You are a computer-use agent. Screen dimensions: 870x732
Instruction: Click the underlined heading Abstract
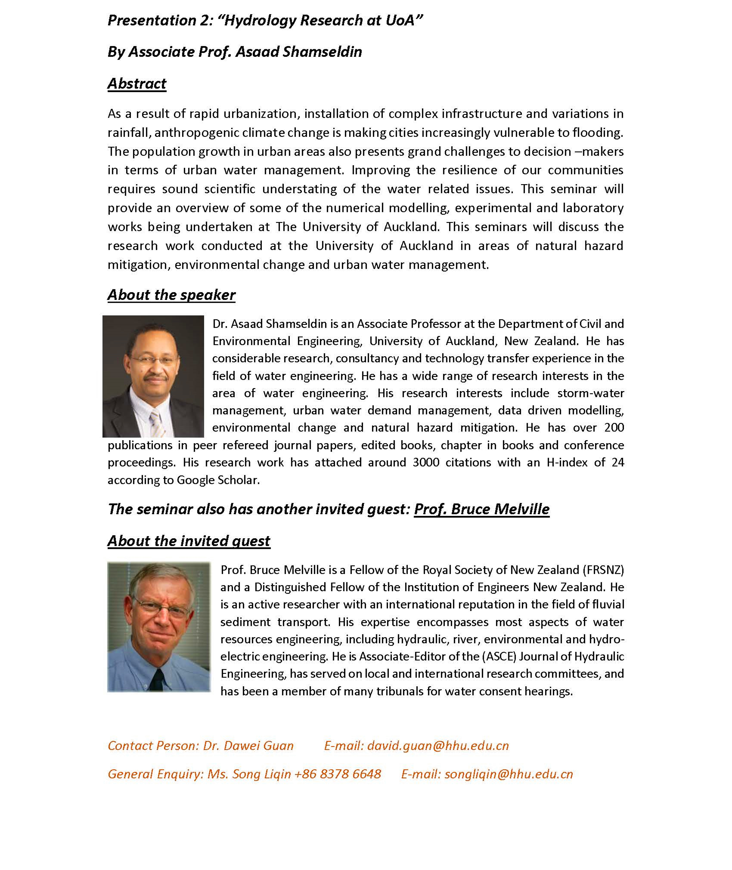click(x=136, y=83)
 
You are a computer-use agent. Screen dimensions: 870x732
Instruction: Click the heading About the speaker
click(x=171, y=295)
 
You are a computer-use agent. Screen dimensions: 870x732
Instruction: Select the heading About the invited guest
click(x=189, y=541)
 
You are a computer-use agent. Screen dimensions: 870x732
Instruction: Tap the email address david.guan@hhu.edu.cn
click(x=438, y=746)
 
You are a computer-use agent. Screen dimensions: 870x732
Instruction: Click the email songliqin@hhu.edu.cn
click(x=509, y=774)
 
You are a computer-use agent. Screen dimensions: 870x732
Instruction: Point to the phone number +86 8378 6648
click(x=338, y=774)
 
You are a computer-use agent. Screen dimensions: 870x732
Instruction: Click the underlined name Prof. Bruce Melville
click(x=481, y=509)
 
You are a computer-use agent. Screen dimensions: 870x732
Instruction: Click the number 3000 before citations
click(x=426, y=463)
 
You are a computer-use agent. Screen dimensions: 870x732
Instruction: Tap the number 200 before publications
click(x=614, y=428)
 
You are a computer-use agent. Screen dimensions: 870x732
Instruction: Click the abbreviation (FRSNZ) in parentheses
click(x=603, y=570)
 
